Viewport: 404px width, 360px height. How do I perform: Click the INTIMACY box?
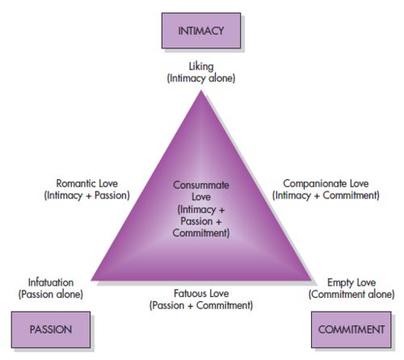[x=201, y=31]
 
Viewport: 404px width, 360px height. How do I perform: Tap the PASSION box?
[x=51, y=329]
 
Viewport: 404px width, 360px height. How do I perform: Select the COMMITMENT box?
[x=351, y=329]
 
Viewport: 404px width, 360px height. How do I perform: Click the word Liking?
[x=201, y=66]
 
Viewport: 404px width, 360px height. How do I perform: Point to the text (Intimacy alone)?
[x=201, y=78]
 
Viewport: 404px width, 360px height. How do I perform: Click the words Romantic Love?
[x=86, y=183]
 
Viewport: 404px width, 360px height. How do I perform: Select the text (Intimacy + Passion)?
[x=86, y=195]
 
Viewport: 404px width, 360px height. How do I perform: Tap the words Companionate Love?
[x=326, y=183]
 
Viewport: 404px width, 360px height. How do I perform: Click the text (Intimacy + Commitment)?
[x=326, y=195]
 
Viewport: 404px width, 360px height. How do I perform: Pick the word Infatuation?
[x=51, y=283]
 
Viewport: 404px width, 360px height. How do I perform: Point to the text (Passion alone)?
[x=51, y=295]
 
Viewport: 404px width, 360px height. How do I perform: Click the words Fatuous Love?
[x=201, y=293]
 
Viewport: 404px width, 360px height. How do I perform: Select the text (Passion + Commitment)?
[x=201, y=305]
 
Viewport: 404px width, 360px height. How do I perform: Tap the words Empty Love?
[x=351, y=283]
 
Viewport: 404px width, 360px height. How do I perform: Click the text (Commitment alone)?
[x=351, y=295]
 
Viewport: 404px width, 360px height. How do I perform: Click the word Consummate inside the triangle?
[x=201, y=185]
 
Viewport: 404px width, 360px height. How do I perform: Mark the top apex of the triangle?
[x=201, y=90]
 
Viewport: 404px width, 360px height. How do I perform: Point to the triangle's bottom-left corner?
[x=91, y=281]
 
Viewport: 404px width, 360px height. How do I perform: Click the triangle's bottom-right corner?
[x=311, y=281]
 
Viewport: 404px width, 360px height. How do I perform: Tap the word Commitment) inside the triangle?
[x=201, y=233]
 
